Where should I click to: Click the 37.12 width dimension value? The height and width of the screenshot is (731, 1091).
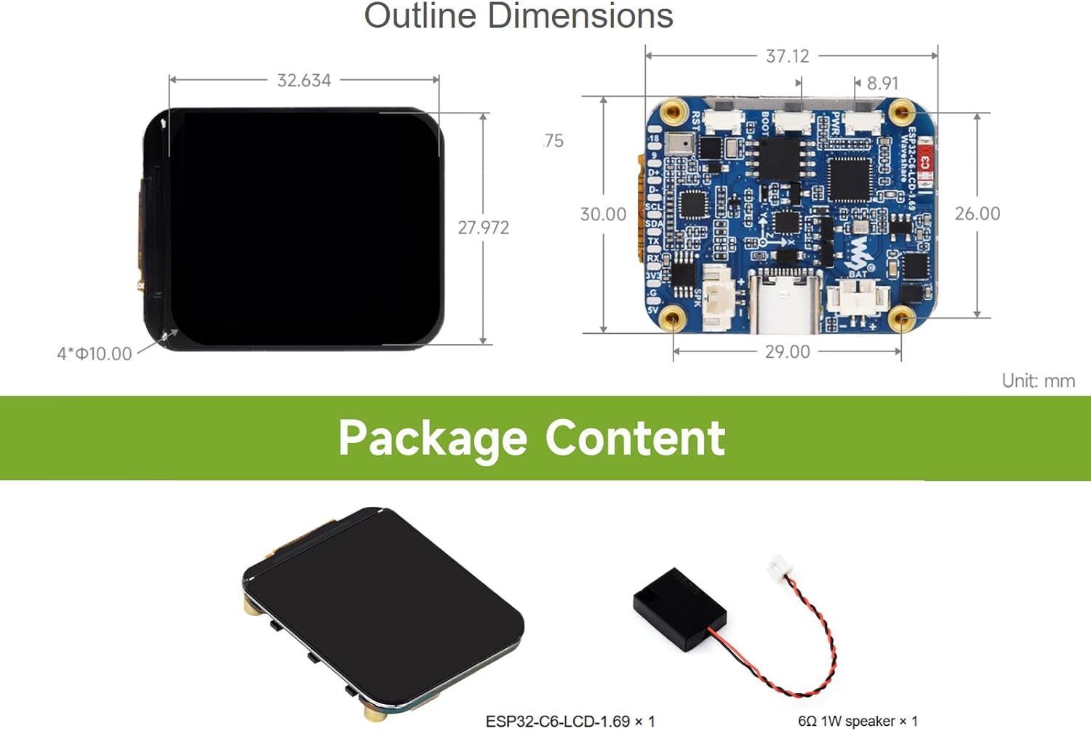(787, 56)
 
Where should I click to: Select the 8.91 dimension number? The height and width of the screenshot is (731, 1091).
(882, 83)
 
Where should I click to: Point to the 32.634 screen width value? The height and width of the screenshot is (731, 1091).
(304, 80)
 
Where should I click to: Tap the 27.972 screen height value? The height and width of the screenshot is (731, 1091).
(483, 228)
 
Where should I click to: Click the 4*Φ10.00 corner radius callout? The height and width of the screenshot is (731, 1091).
(95, 354)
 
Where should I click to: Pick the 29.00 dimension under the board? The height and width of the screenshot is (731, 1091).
(787, 352)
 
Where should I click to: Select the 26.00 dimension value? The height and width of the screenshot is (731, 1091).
(977, 214)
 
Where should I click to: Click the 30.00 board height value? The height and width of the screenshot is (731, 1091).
(603, 215)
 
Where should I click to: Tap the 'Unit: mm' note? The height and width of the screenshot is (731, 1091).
(1038, 381)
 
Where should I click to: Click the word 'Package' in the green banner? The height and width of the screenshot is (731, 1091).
(433, 438)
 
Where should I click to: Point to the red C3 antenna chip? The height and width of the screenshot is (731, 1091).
(924, 161)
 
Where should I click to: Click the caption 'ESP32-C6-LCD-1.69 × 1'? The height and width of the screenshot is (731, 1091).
(570, 721)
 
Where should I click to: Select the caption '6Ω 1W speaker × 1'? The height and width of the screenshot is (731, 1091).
(858, 721)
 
